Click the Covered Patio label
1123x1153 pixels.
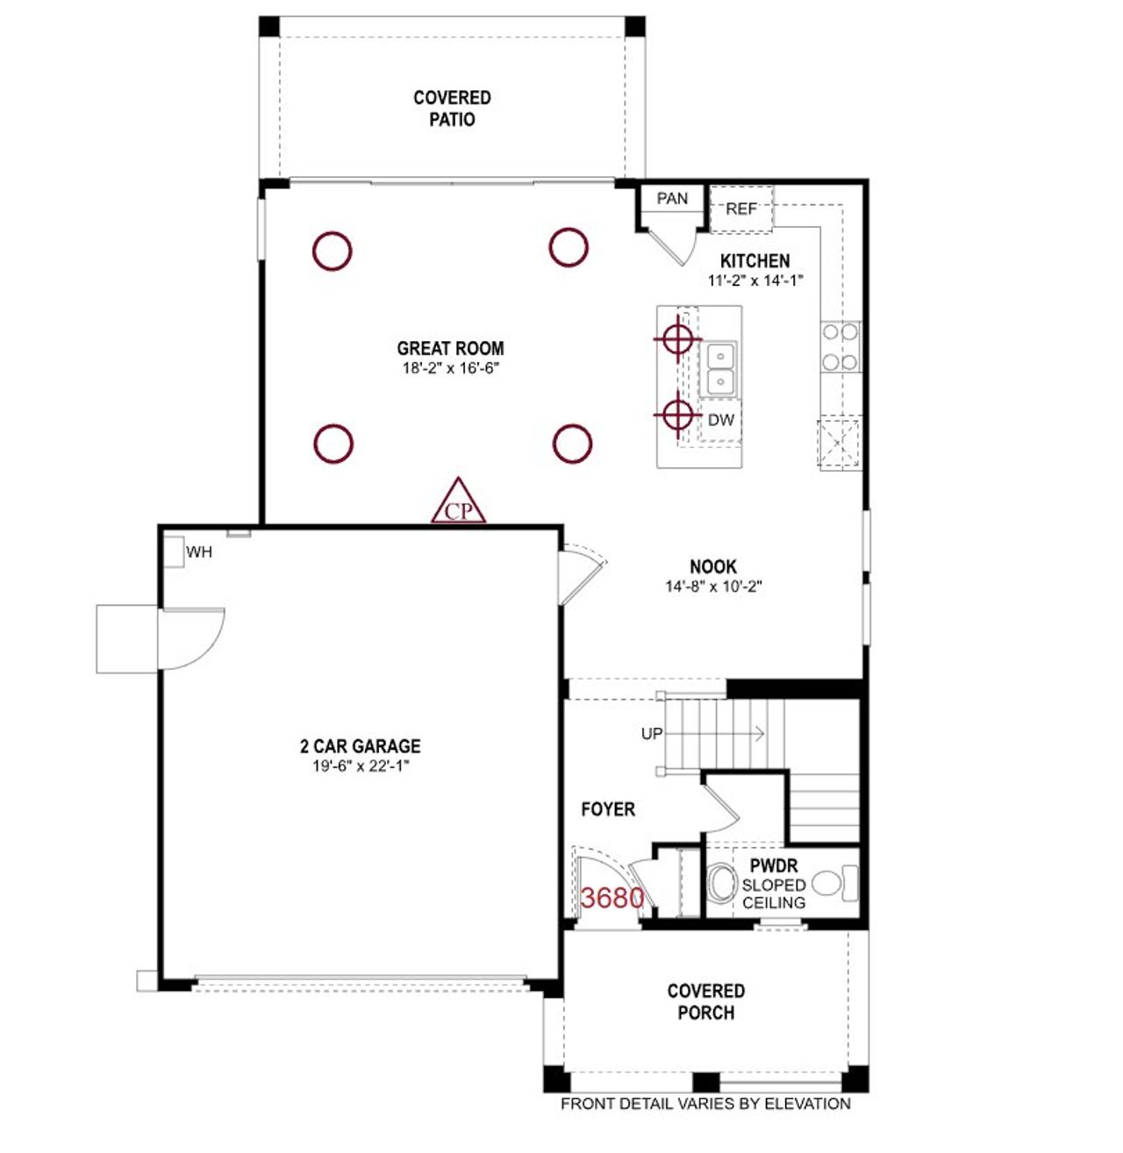point(452,109)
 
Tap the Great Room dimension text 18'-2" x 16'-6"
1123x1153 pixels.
point(450,368)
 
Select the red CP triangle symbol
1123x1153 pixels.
point(459,504)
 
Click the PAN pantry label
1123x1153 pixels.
point(672,199)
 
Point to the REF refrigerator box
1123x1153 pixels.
point(741,210)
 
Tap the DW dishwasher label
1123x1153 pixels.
point(721,420)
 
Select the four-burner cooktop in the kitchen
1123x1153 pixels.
point(840,347)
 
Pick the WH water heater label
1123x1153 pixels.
point(199,552)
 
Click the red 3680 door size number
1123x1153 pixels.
point(612,898)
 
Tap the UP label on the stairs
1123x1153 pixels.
point(652,734)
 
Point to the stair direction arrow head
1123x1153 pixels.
point(760,733)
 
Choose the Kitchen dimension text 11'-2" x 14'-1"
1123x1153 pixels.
point(755,281)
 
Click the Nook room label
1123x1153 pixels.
point(712,566)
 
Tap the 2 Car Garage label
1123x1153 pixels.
point(360,746)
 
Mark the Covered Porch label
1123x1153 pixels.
point(706,1001)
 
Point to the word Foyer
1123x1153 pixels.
point(608,809)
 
